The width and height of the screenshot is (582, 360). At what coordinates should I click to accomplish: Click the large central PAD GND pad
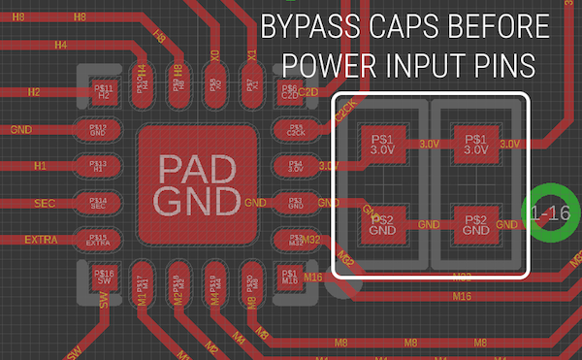(x=198, y=184)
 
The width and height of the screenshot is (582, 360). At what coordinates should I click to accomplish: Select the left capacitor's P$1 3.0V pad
(x=382, y=146)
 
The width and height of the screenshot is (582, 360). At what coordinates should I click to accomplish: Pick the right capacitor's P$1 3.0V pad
(x=475, y=146)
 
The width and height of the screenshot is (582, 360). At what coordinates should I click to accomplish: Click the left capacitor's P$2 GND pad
(x=382, y=225)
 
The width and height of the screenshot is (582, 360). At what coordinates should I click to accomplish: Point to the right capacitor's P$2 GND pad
(x=475, y=225)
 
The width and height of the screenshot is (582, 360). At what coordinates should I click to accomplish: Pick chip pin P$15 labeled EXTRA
(x=98, y=240)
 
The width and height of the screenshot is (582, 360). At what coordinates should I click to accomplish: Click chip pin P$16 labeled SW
(x=105, y=278)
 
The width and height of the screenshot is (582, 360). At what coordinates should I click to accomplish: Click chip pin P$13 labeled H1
(x=98, y=165)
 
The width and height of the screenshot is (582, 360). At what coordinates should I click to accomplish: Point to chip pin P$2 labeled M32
(x=294, y=240)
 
